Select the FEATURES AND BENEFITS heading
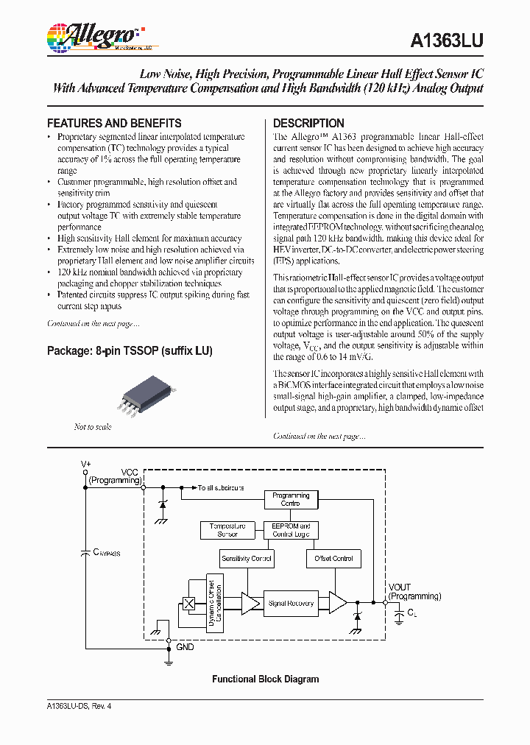114,123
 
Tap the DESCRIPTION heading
308,123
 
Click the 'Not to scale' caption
93,427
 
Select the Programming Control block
291,499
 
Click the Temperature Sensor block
227,530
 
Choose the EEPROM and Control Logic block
291,530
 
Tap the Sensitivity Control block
247,559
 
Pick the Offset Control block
334,559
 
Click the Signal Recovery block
291,603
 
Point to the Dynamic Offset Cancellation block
215,603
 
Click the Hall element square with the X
188,604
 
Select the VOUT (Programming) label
414,592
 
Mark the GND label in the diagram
185,647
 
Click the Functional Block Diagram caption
265,679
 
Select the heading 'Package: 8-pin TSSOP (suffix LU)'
130,351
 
